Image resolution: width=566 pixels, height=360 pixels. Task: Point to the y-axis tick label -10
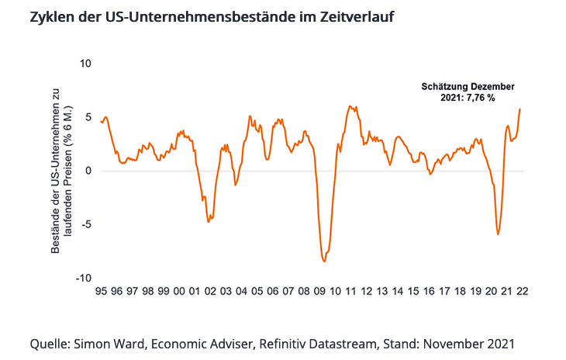pos(84,278)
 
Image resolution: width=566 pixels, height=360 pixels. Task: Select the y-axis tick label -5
pos(86,225)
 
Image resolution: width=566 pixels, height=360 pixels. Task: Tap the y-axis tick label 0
pos(88,171)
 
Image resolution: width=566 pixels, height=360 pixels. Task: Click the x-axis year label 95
pos(101,292)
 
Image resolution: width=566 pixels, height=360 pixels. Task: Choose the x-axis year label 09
pos(319,292)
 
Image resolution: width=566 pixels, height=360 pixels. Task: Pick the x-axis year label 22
pos(523,292)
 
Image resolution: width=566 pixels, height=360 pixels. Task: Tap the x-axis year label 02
pos(210,292)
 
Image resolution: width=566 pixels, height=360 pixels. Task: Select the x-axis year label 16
pos(429,292)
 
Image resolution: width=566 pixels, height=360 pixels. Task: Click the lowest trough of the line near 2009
pos(324,261)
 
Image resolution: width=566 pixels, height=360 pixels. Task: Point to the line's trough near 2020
pos(498,234)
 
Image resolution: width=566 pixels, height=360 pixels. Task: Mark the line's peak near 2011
pos(350,106)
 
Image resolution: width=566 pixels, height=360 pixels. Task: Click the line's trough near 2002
pos(209,222)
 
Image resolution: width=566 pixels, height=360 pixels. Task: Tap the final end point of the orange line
pos(519,109)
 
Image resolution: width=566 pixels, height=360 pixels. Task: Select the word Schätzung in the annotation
pos(444,87)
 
